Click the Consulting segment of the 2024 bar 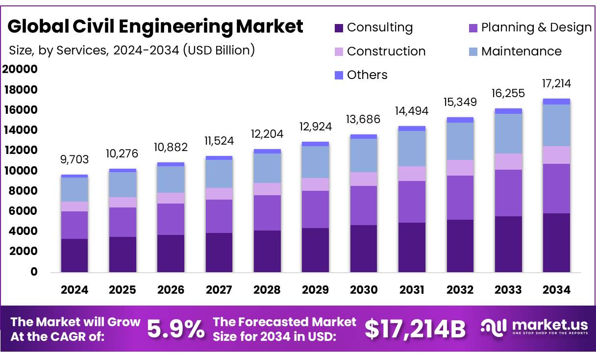coord(74,255)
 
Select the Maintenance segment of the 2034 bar coord(556,125)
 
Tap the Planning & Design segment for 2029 coord(315,209)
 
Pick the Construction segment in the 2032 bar coord(460,168)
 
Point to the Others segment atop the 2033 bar coord(508,111)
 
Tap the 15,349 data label coord(460,102)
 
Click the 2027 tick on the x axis coord(219,290)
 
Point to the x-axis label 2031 coord(412,290)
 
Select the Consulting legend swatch coord(339,28)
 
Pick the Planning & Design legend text coord(536,27)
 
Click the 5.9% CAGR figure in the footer coord(176,329)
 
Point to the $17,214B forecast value coord(415,330)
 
